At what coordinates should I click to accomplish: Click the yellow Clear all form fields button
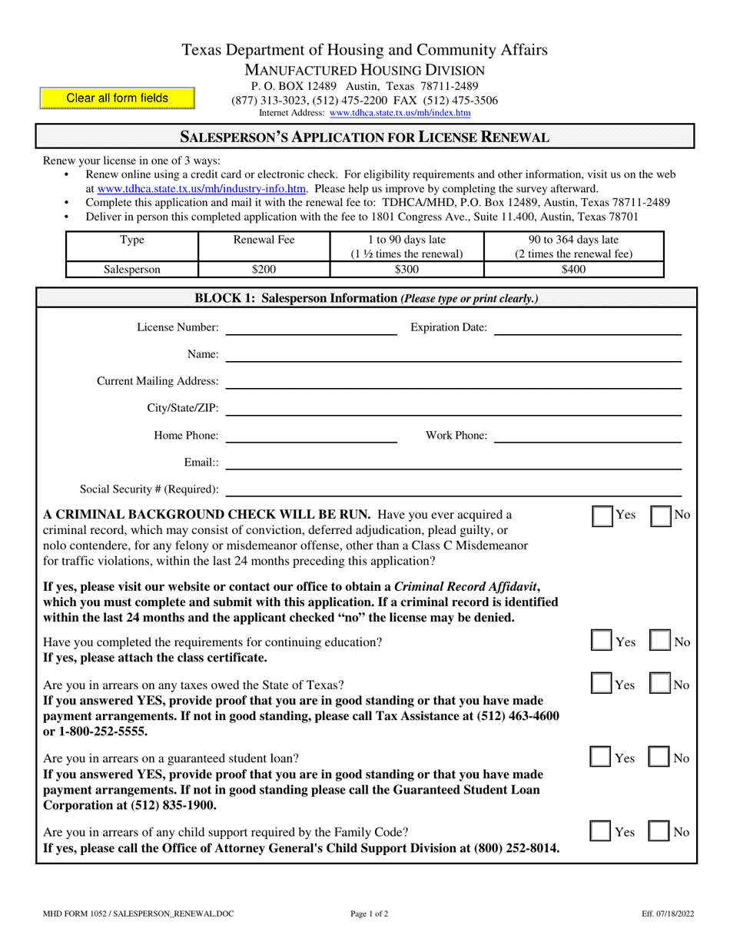pos(118,98)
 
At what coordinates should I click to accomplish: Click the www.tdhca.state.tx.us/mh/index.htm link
pos(400,113)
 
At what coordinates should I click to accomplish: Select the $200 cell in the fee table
pos(264,269)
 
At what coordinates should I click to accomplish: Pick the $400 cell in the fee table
pos(573,269)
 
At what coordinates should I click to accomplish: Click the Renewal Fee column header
pos(264,240)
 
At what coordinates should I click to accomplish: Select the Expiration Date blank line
pos(588,329)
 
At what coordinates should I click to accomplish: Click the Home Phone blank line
pos(311,436)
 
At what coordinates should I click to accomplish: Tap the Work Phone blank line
pos(588,436)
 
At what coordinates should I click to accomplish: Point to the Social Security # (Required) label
pos(149,489)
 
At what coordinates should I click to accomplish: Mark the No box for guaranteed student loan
pos(662,758)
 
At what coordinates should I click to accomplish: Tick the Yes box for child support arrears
pos(602,832)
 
